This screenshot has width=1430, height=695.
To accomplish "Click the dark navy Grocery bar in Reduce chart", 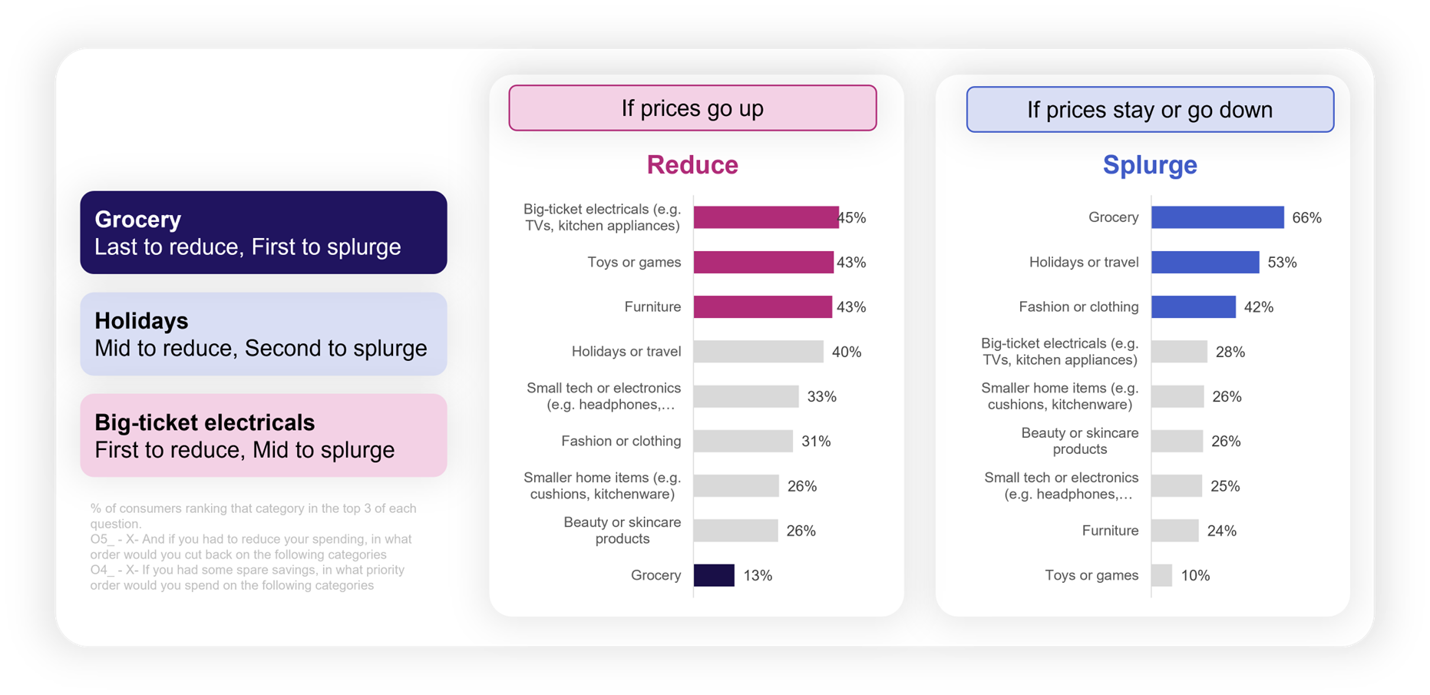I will click(714, 575).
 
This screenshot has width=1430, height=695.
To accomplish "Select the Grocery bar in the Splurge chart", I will click(1217, 217).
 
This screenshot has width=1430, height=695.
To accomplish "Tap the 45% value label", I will click(853, 218).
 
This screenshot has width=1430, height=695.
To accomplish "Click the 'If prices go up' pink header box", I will click(692, 108).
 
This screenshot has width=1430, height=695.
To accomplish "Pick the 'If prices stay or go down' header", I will click(1150, 110).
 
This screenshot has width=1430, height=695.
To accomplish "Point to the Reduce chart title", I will click(692, 165).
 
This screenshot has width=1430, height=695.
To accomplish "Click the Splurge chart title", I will click(1150, 165).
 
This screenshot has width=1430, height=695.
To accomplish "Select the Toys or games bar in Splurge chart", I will click(1161, 575).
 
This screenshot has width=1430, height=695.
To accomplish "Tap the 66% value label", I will click(1306, 218).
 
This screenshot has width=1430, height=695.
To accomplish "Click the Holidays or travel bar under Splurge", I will click(1205, 262).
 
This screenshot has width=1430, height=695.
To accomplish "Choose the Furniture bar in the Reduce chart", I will click(763, 306).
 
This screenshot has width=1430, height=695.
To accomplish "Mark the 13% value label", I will click(758, 576).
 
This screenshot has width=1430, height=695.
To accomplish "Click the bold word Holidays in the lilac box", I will click(141, 321).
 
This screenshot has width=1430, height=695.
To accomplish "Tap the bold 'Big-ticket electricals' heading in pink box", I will click(204, 422).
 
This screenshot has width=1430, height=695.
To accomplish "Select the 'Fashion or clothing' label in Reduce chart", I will click(621, 441).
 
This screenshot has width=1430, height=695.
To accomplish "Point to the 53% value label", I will click(1282, 263).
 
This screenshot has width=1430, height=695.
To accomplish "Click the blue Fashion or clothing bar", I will click(1194, 306).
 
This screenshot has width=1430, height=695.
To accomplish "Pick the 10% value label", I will click(1195, 576).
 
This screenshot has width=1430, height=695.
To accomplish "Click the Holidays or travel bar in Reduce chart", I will click(758, 352).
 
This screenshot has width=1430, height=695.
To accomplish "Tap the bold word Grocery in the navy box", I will click(138, 220).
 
